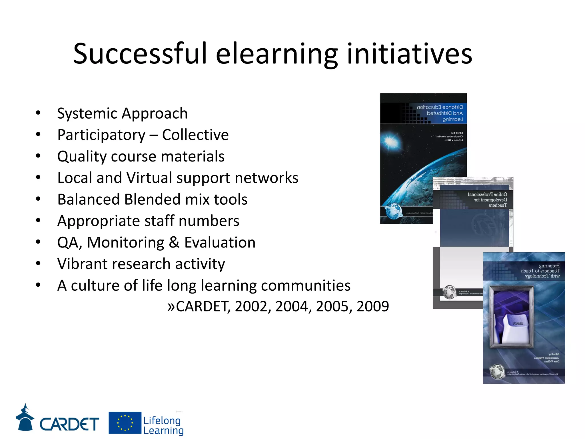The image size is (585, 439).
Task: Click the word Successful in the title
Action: click(140, 54)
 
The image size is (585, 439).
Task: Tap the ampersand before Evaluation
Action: click(174, 242)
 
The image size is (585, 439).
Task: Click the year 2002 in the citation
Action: click(253, 306)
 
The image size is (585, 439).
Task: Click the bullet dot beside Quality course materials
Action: click(38, 156)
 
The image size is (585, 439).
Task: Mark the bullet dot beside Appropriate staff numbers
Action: click(38, 220)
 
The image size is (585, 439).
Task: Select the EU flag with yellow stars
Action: click(125, 423)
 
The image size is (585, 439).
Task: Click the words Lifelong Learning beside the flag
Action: click(163, 425)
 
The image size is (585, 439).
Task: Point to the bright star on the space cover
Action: click(390, 141)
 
